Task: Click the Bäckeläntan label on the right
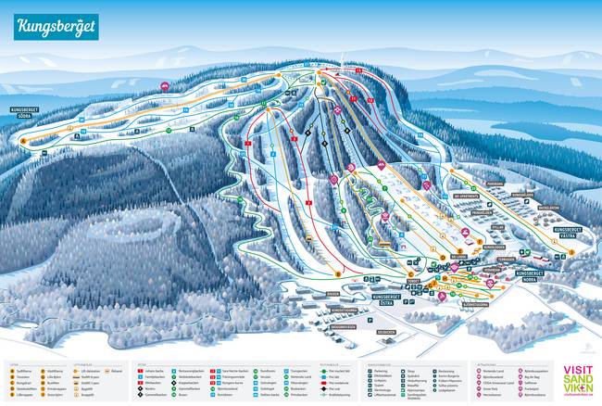click(x=547, y=208)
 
